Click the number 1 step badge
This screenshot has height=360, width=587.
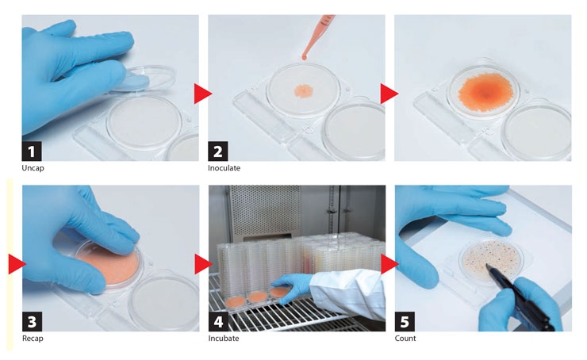pyautogui.click(x=32, y=151)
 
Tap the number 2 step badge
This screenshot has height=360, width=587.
pyautogui.click(x=218, y=151)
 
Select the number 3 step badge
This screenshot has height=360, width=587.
pyautogui.click(x=32, y=321)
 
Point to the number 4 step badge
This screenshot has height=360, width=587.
pyautogui.click(x=218, y=321)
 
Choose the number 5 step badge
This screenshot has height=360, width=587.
pyautogui.click(x=405, y=321)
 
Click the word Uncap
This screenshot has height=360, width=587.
pyautogui.click(x=33, y=168)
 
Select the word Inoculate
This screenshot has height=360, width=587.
pyautogui.click(x=224, y=168)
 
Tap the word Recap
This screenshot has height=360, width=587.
pyautogui.click(x=33, y=339)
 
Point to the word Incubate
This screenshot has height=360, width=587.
pyautogui.click(x=224, y=339)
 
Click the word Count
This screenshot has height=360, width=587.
pyautogui.click(x=405, y=339)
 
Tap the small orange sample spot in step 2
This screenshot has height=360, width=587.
pyautogui.click(x=304, y=90)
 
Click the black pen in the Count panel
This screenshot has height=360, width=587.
pyautogui.click(x=520, y=297)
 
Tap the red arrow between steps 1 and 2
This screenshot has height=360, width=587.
pyautogui.click(x=202, y=94)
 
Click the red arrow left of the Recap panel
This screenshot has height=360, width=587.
pyautogui.click(x=17, y=264)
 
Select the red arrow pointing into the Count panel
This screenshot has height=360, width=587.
pyautogui.click(x=389, y=264)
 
